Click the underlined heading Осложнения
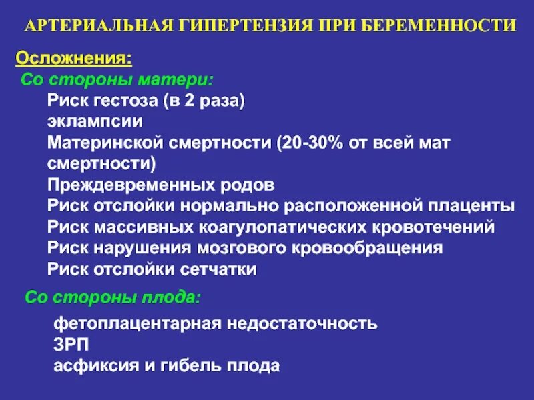point(73,58)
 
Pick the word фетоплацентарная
point(137,324)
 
